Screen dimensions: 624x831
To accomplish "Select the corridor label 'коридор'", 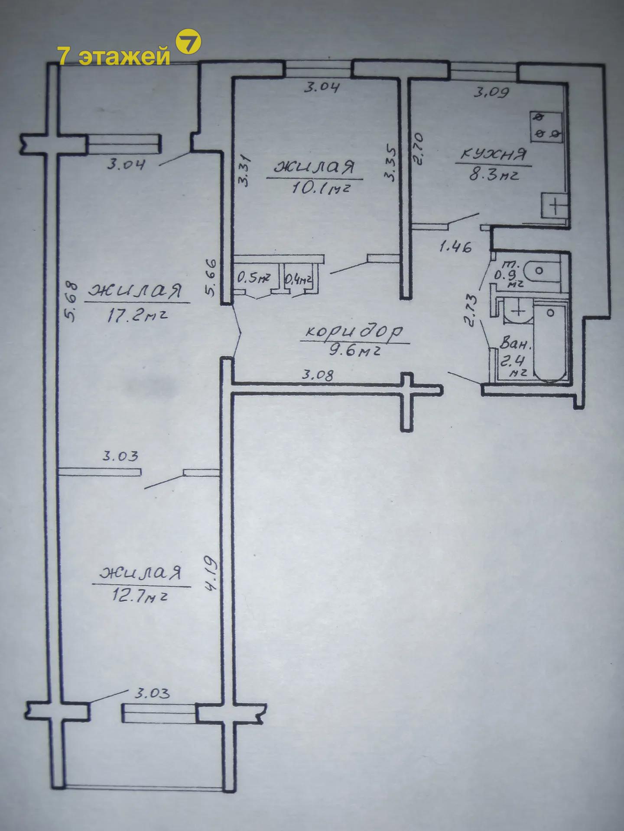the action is point(354,332).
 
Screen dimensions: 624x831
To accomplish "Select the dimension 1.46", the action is point(455,247).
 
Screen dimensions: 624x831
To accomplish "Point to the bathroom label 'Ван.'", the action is point(515,345).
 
